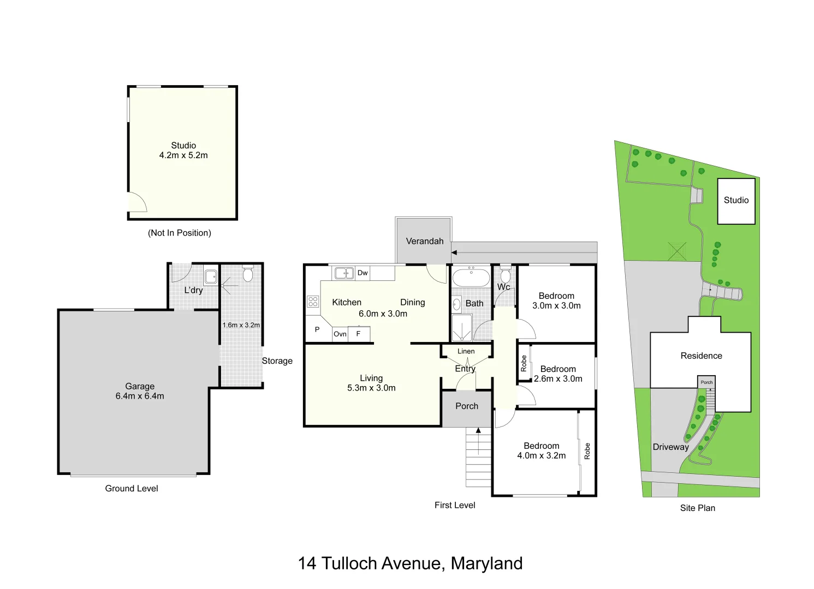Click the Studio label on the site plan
(x=736, y=200)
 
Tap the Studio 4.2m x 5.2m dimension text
(x=183, y=155)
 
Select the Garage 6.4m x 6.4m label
(x=140, y=391)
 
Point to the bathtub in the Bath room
(x=471, y=277)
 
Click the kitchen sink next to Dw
(x=344, y=273)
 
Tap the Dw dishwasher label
(x=363, y=273)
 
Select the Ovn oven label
(x=340, y=334)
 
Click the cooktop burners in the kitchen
(x=313, y=302)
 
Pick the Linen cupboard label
(x=466, y=351)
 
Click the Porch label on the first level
(x=467, y=406)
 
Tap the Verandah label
(x=425, y=241)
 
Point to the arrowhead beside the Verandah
(x=454, y=253)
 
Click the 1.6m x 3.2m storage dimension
(x=241, y=325)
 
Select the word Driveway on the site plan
(x=671, y=447)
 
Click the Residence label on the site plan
(x=701, y=356)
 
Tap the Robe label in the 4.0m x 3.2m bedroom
(x=587, y=451)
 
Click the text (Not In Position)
(x=180, y=233)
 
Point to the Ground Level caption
(x=132, y=489)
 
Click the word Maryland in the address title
(x=487, y=563)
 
